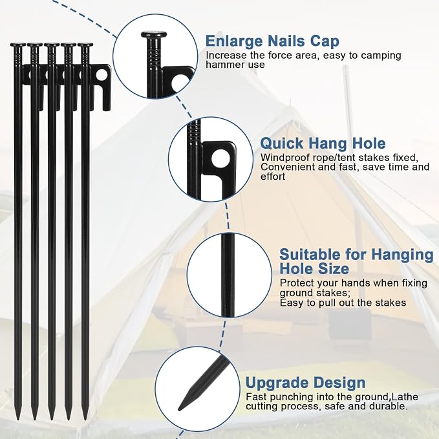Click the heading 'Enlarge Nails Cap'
(x=272, y=41)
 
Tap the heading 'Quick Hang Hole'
(x=323, y=144)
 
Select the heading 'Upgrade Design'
(x=305, y=383)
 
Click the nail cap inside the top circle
(x=154, y=35)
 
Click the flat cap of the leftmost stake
(x=18, y=45)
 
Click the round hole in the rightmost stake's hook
(x=102, y=75)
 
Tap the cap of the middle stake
(x=52, y=45)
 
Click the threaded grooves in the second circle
(x=195, y=132)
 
